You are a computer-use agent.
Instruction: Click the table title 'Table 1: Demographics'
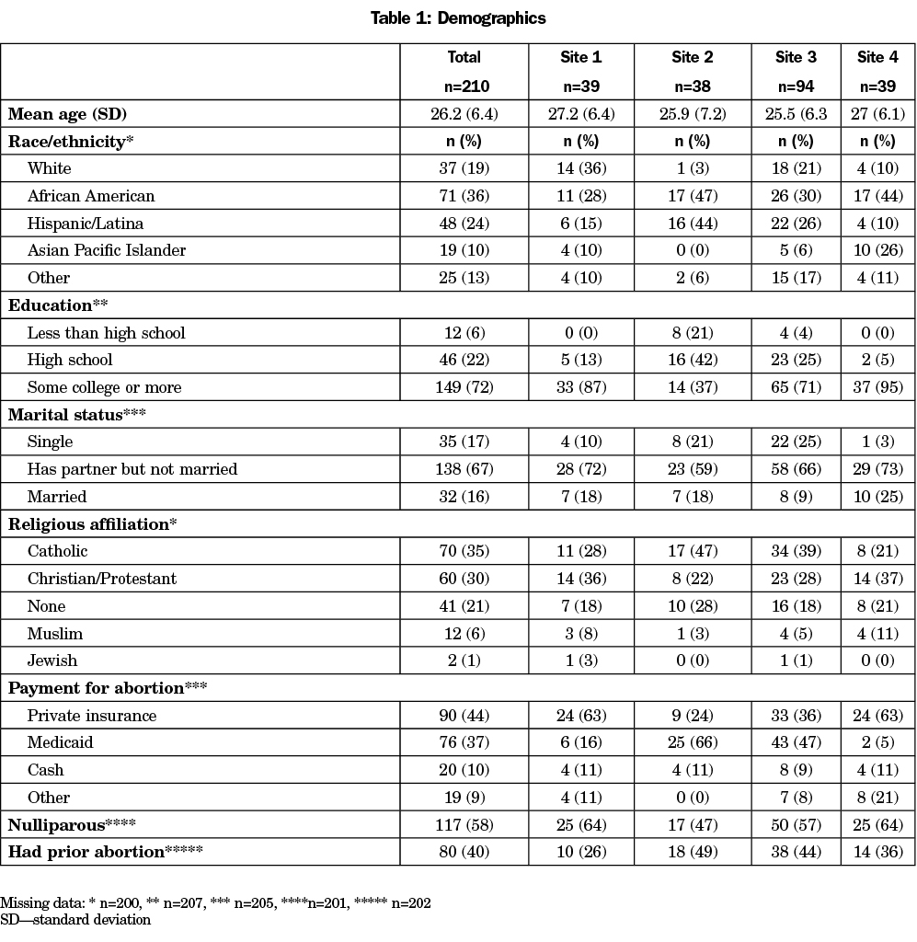coord(458,18)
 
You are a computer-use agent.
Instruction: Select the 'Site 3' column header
coord(796,57)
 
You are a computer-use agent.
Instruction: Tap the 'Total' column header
coord(464,57)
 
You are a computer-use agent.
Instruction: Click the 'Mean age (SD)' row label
coord(67,114)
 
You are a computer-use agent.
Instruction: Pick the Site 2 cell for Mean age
coord(692,114)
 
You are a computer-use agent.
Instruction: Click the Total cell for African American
coord(464,196)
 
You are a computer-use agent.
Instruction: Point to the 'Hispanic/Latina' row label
coord(86,224)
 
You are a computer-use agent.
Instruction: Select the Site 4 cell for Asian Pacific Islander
coord(877,250)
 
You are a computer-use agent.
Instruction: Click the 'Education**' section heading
coord(58,305)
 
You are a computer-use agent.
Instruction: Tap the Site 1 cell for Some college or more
coord(581,387)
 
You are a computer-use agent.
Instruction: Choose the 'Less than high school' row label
coord(106,333)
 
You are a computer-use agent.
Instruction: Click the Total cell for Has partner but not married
coord(464,469)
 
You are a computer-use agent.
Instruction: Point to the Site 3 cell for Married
coord(796,497)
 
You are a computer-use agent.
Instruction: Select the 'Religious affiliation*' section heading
coord(93,524)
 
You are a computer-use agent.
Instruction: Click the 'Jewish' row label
coord(52,661)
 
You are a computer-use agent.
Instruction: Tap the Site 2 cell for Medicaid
coord(692,742)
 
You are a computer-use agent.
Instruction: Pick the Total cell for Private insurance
coord(464,716)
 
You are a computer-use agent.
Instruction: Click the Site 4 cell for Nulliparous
coord(877,825)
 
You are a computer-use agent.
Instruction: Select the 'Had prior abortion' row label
coord(106,852)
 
